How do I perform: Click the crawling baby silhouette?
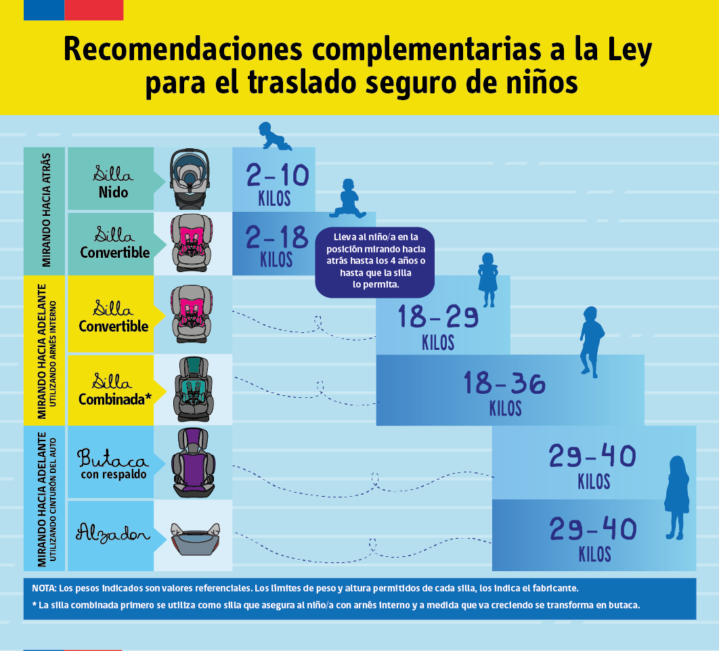[275, 136]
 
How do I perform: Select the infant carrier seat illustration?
[190, 179]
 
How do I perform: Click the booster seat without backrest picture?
[195, 539]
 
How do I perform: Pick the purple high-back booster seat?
[194, 463]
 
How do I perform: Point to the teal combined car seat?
[194, 389]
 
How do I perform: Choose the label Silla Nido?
[113, 181]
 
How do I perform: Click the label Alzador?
[113, 533]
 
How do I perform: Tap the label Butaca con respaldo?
[113, 464]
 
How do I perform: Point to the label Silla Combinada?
[114, 389]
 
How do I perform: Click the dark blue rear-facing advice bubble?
[374, 262]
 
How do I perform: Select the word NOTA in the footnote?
[44, 588]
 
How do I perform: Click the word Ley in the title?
[630, 50]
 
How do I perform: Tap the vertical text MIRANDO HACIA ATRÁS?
[46, 210]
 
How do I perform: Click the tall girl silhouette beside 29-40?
[677, 498]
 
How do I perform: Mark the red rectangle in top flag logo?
[94, 10]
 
